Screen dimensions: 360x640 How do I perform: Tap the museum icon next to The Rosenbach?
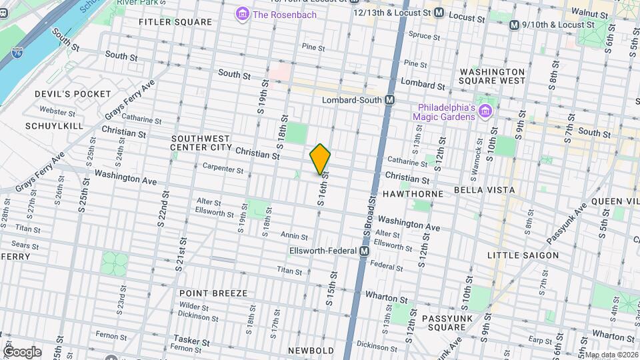[242, 13]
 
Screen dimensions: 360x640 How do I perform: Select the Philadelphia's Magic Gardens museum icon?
[485, 111]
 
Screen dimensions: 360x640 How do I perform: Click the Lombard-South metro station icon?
[390, 99]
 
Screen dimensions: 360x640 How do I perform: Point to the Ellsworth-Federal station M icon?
[365, 251]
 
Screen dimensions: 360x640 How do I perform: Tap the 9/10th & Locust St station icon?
[514, 25]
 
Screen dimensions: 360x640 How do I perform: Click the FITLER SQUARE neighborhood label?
[165, 22]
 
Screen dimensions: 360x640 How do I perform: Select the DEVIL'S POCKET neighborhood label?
[73, 94]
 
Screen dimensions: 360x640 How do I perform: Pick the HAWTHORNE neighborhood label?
[413, 194]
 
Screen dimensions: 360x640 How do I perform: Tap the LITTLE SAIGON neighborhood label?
[523, 255]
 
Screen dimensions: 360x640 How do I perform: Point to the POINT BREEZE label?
[213, 293]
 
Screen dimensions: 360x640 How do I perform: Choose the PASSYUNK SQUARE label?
[446, 323]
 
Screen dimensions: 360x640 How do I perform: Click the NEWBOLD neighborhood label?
[311, 351]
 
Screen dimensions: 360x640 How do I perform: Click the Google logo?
[22, 351]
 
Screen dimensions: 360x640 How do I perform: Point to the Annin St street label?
[293, 236]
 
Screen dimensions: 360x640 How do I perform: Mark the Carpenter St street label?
[223, 169]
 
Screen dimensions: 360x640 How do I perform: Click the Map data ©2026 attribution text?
[611, 355]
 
